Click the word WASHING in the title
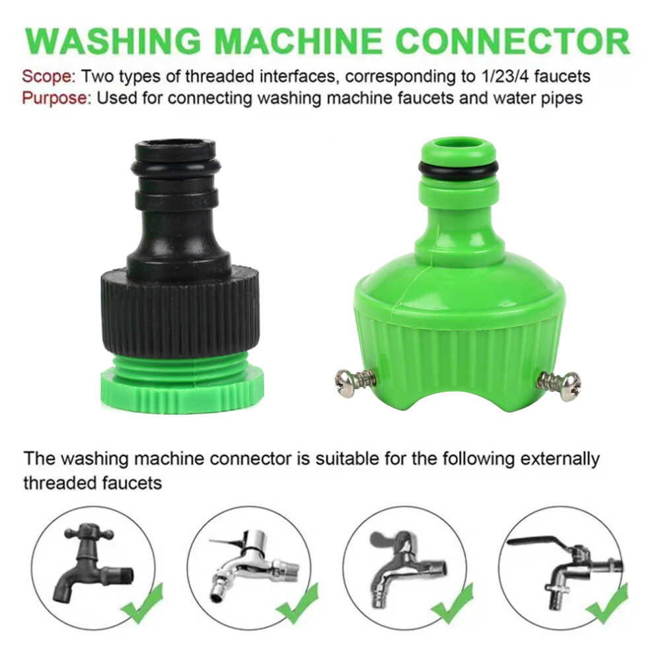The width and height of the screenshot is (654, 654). coord(114,41)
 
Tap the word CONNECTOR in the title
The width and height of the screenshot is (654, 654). coord(513,41)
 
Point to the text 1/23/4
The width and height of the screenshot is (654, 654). coord(504,77)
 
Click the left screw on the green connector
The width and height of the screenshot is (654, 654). coord(355,380)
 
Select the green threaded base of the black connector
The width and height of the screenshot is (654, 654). coord(183,384)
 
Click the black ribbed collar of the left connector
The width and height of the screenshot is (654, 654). coord(179,313)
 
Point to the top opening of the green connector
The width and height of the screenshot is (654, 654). coord(458,145)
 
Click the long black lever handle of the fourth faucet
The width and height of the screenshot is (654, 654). coord(538,542)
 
